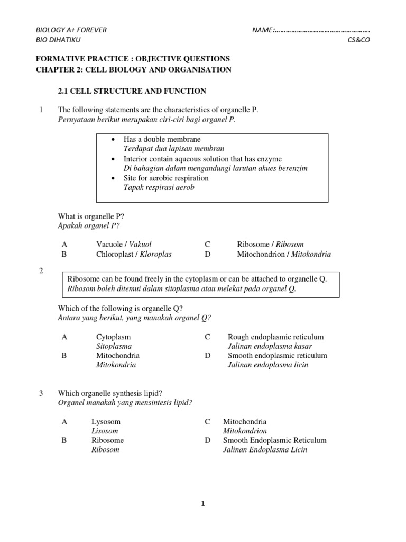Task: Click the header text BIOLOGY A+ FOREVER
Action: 71,30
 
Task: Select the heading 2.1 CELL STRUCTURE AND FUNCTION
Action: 132,91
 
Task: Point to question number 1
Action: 41,110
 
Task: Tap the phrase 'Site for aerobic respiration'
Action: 166,178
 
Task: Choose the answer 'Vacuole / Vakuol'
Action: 124,244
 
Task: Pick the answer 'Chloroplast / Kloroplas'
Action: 134,254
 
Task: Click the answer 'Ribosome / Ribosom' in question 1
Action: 270,244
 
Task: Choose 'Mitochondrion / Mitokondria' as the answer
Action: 284,254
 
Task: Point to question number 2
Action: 41,271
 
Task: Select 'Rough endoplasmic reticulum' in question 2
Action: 275,337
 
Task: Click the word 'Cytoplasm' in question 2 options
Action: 113,337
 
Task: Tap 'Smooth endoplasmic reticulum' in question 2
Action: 277,355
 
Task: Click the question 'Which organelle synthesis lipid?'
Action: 109,393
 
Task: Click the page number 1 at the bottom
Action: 202,504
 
